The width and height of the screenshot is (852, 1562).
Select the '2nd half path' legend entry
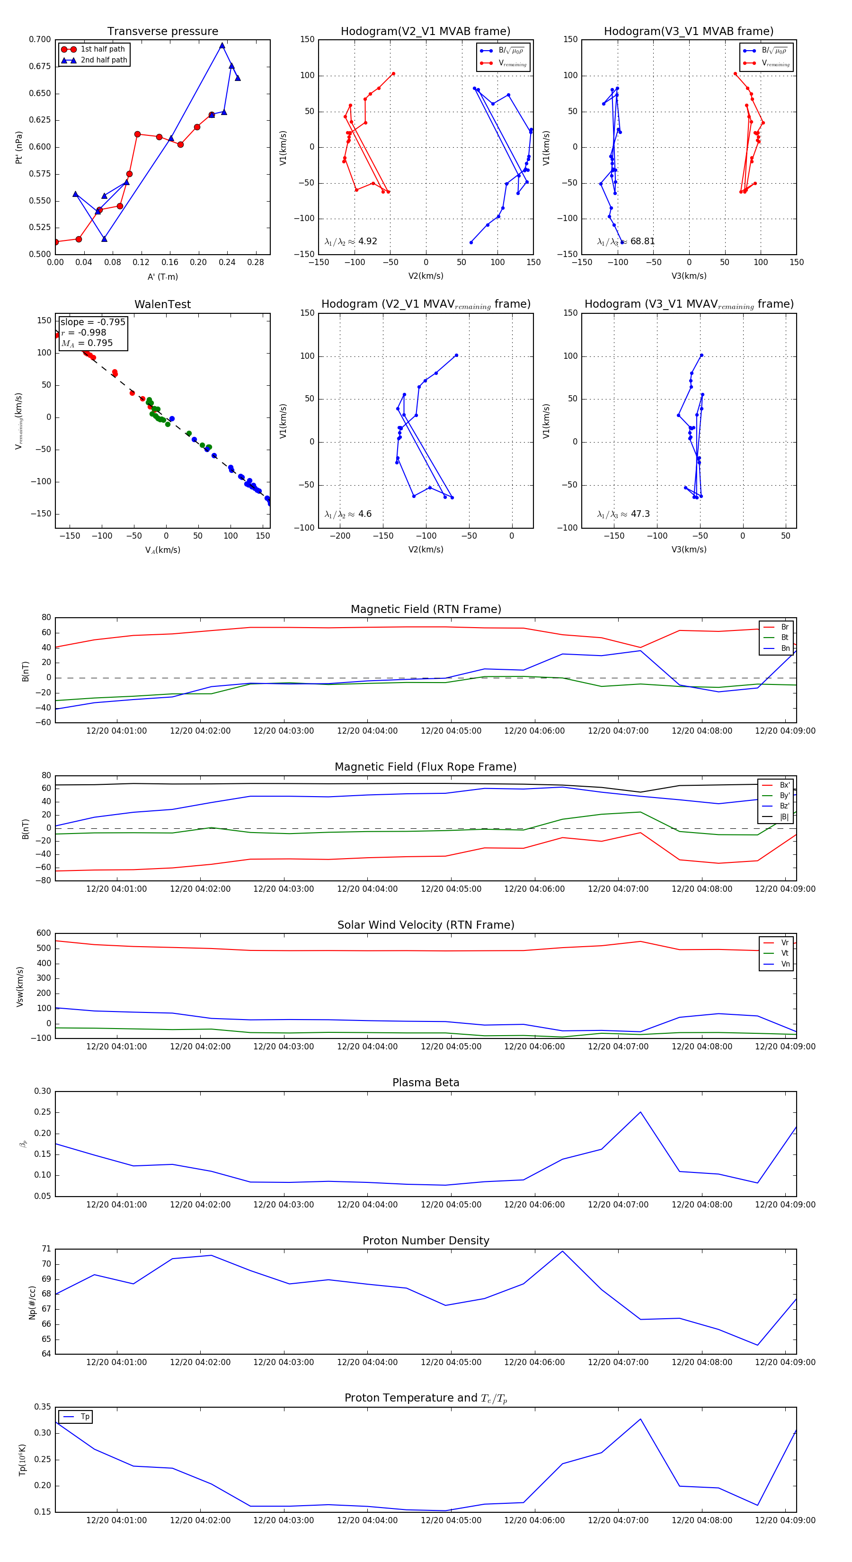104,60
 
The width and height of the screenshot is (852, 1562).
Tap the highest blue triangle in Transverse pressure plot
222,45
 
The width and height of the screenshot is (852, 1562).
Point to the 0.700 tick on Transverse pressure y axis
40,39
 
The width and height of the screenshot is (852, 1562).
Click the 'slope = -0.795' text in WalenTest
93,322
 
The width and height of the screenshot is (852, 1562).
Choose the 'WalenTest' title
162,304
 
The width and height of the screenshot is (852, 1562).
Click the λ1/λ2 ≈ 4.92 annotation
351,241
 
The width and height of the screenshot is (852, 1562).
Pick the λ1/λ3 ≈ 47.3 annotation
623,514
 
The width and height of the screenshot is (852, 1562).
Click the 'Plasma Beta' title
426,1083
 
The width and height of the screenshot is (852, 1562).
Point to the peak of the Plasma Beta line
640,1112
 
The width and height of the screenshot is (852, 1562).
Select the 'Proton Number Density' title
426,1241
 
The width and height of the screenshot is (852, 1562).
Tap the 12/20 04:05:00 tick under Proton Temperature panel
451,1520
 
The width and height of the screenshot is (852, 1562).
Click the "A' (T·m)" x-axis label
162,276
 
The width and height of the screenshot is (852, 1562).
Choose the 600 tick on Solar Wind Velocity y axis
44,933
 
